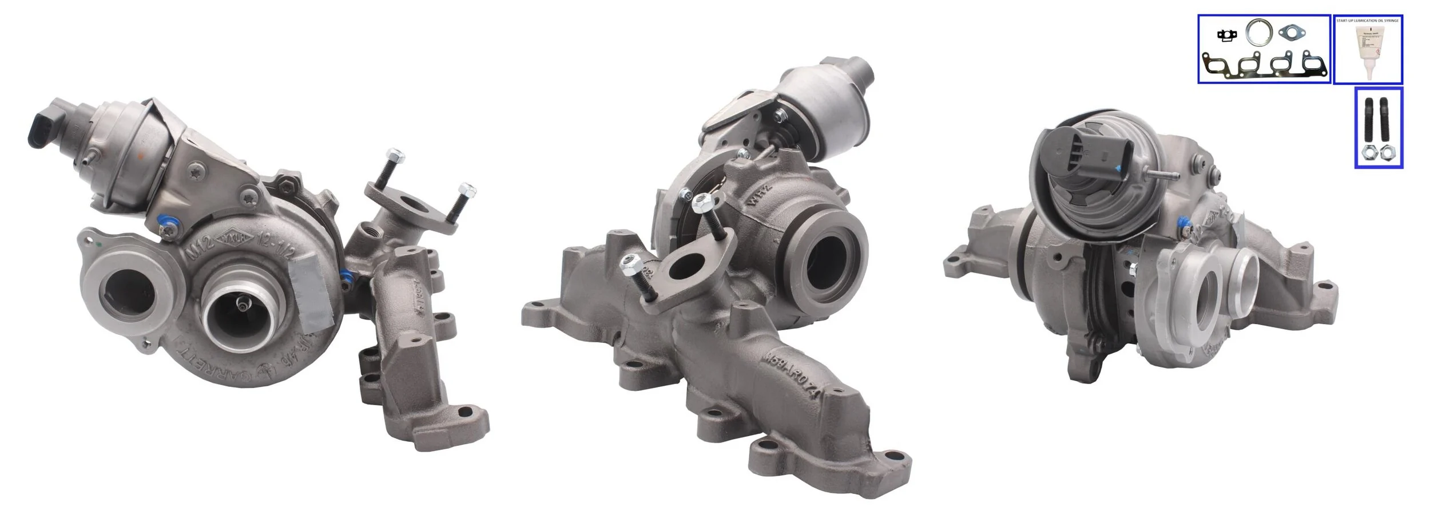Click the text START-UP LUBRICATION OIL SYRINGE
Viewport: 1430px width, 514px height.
(1367, 21)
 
